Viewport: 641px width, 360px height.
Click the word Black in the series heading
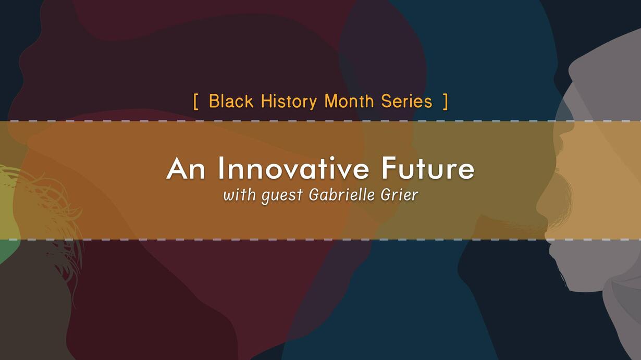pos(231,101)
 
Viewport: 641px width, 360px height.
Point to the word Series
pos(406,101)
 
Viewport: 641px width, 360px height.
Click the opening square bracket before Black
pos(196,102)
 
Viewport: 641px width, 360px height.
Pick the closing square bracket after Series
pos(445,102)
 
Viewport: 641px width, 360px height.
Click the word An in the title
pos(186,168)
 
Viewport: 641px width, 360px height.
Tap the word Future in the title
pos(428,168)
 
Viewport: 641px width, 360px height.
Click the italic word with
pos(239,195)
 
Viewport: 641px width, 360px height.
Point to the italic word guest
pos(282,196)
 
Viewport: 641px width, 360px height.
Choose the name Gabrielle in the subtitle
pos(342,195)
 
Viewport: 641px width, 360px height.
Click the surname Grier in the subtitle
pos(400,195)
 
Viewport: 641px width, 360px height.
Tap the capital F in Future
pos(389,168)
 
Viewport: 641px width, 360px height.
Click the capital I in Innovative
pos(220,168)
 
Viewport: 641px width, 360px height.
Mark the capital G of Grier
pos(386,195)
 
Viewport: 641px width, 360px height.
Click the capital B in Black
pos(215,101)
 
